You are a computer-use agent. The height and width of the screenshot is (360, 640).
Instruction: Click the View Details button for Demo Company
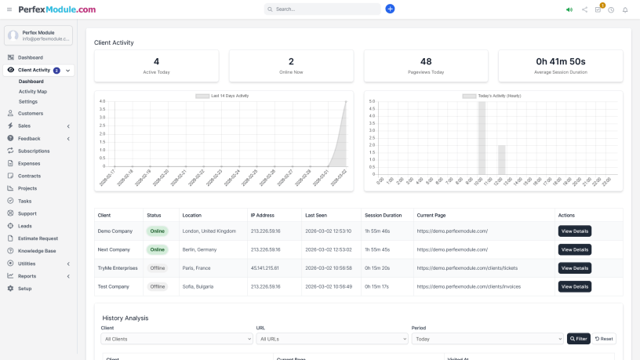coord(574,231)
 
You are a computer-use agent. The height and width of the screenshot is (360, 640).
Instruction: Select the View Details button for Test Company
coord(574,286)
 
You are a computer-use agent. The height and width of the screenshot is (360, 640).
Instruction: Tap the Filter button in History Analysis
coord(578,339)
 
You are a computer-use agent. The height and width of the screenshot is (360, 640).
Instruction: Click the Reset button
coord(604,339)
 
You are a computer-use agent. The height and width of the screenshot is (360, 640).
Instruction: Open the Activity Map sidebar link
coord(33,91)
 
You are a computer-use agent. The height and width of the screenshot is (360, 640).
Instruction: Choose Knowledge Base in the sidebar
coord(37,251)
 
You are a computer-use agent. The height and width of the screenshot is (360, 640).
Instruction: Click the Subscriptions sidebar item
coord(34,151)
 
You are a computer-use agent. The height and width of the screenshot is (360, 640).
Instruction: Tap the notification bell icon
coord(625,9)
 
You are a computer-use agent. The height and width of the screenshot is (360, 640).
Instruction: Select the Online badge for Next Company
coord(157,249)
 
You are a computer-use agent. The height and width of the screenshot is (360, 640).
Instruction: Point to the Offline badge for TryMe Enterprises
coord(157,268)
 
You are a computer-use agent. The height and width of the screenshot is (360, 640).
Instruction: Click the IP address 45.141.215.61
coord(264,268)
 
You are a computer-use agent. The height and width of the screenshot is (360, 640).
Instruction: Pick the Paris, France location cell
coord(198,268)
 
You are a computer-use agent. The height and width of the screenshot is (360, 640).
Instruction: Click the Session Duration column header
coord(383,215)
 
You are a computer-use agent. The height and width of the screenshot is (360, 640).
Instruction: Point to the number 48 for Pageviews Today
coord(426,61)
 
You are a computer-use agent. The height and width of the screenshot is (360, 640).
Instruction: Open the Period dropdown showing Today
coord(487,339)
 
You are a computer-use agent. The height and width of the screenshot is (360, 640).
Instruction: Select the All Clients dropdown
coord(175,339)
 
